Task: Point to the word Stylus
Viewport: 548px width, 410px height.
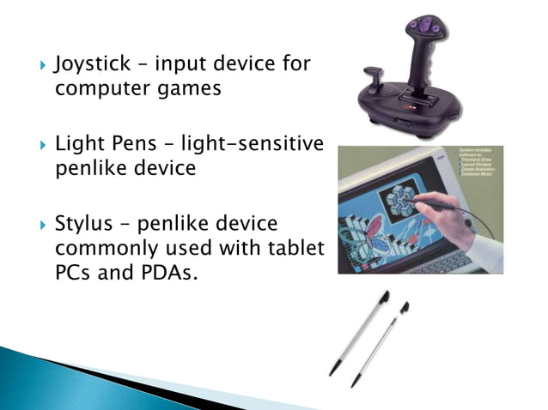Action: coord(83,224)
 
